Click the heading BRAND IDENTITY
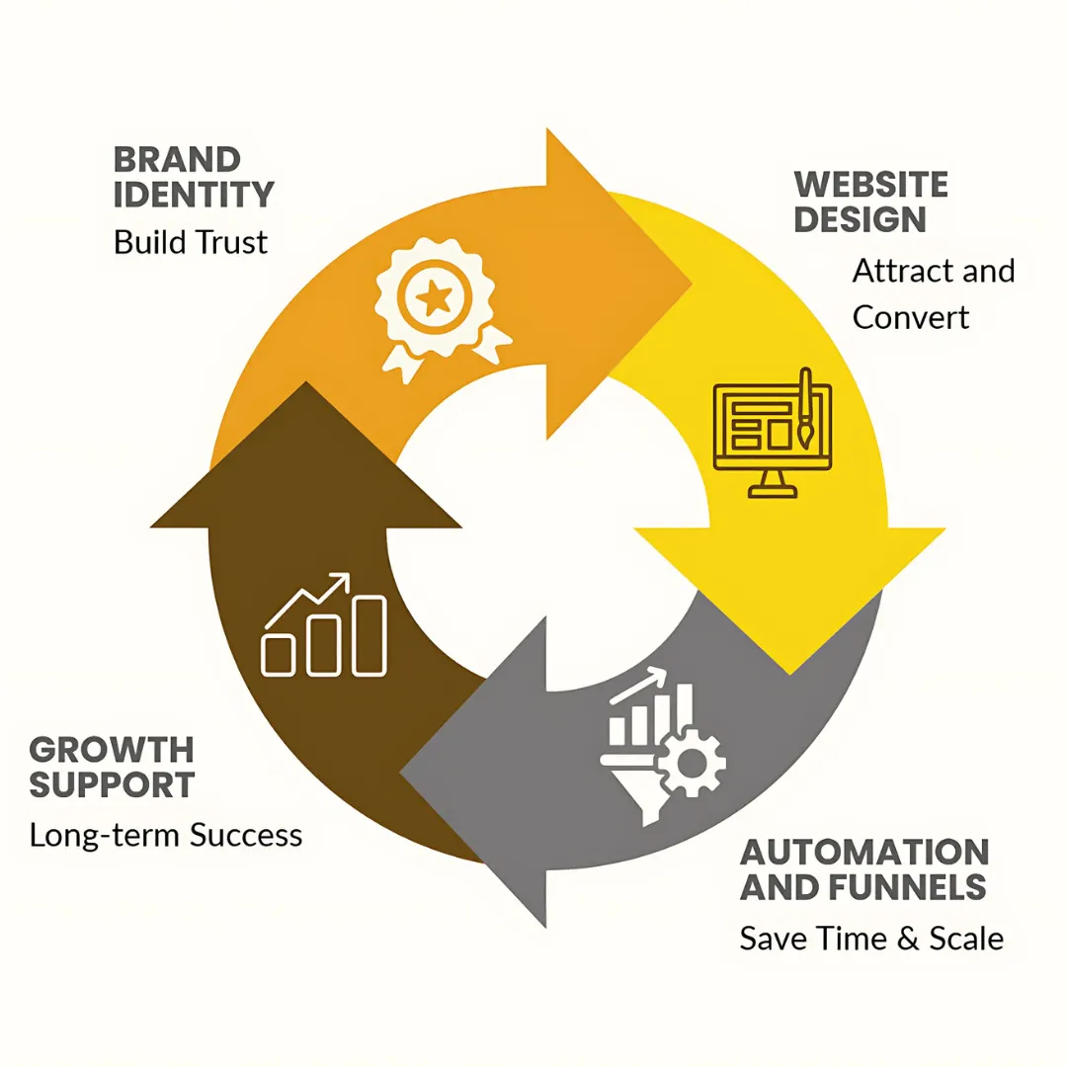coord(194,177)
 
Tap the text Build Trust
coord(191,242)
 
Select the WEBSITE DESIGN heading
coord(870,202)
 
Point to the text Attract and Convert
coord(933,293)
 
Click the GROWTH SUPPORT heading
coord(112,767)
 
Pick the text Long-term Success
coord(166,835)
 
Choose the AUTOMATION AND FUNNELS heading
coord(863,869)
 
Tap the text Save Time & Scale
coord(871,939)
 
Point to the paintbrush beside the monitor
coord(805,410)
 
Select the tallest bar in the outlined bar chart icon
coord(369,635)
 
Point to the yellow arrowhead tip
coord(789,674)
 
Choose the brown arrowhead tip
coord(306,383)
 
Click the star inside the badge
coord(431,295)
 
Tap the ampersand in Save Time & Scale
coord(907,939)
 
